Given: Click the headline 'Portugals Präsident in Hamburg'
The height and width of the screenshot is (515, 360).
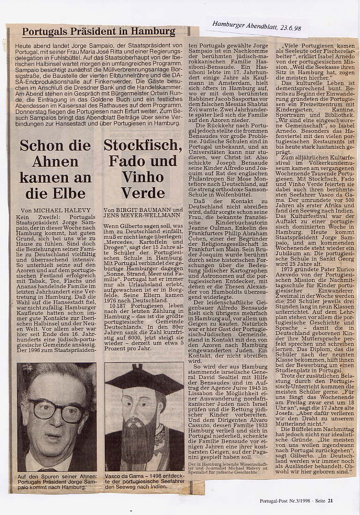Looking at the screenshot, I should coord(98,32).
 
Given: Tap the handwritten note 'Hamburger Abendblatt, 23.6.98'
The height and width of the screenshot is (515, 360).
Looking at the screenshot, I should coord(256,25).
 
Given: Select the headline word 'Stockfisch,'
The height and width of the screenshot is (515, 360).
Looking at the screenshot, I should coord(143,145).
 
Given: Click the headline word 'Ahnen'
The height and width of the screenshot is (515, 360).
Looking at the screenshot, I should coord(55,161).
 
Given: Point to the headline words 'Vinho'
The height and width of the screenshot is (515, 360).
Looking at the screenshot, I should coord(143,177).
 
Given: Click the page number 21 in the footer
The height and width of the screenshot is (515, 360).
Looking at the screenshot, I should coord(330,500).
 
